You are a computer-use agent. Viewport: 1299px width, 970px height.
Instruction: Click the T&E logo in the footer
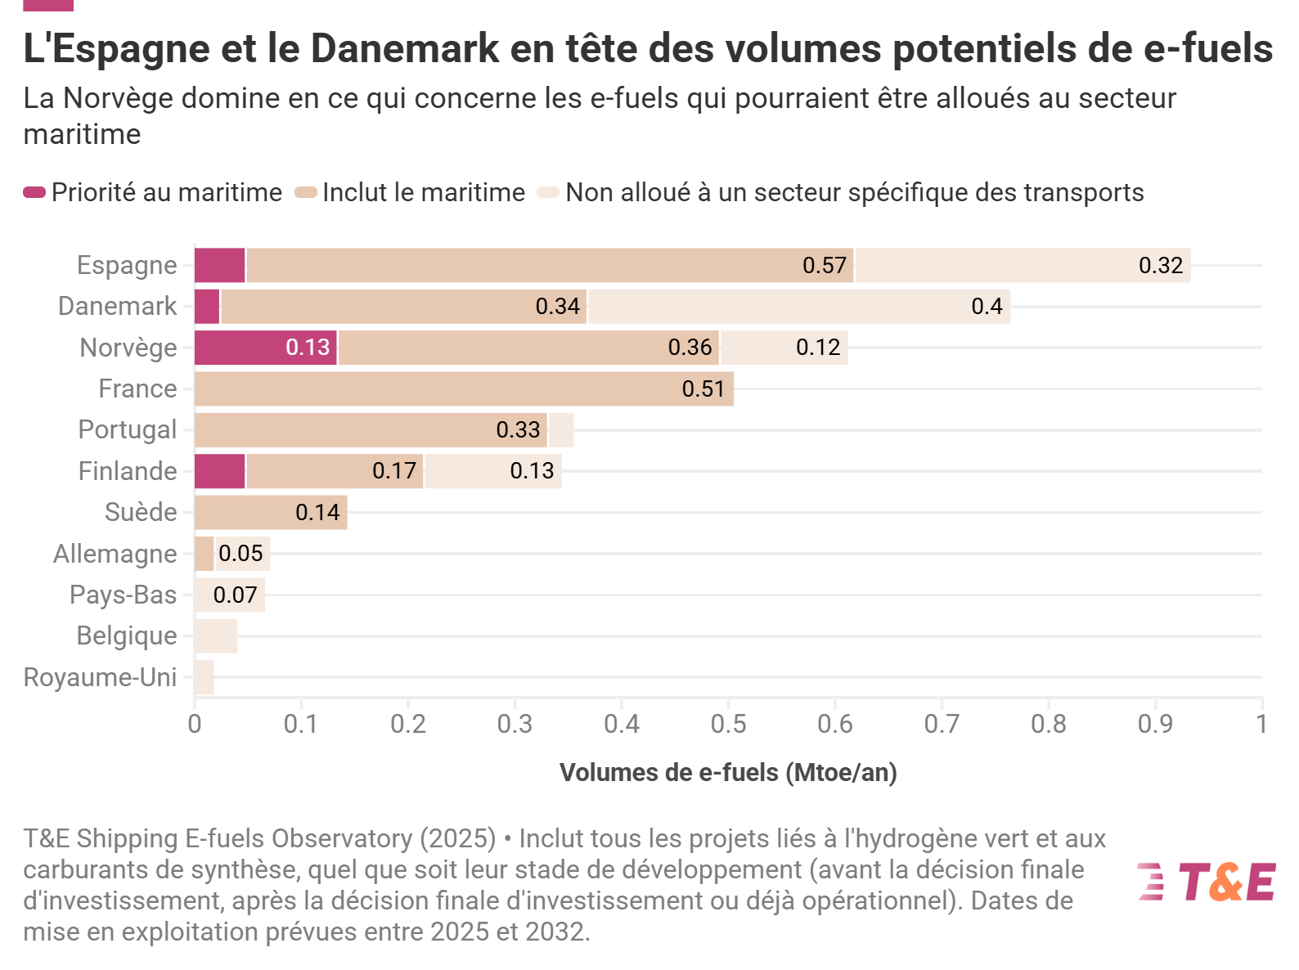click(x=1207, y=882)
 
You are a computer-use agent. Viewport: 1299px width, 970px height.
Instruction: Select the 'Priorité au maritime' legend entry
click(x=153, y=192)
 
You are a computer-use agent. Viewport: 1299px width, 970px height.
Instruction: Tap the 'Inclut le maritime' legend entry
click(x=411, y=192)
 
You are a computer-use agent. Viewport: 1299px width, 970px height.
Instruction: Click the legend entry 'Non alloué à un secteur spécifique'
click(x=841, y=192)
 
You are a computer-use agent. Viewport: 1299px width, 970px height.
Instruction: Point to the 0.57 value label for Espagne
click(x=824, y=265)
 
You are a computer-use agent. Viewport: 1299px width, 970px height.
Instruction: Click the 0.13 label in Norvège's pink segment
click(x=308, y=348)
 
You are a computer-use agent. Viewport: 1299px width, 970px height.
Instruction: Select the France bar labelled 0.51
click(x=464, y=388)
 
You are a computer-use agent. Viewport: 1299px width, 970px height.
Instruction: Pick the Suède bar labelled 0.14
click(x=271, y=512)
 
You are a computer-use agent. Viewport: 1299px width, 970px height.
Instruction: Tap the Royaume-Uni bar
click(x=204, y=677)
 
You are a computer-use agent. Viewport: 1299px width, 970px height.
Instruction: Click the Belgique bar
click(x=216, y=635)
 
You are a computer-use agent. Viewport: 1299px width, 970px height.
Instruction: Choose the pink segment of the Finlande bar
click(x=220, y=471)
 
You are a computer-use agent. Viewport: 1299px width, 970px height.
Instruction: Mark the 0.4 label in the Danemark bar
click(x=987, y=306)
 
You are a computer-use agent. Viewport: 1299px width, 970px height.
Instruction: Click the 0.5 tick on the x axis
click(x=728, y=724)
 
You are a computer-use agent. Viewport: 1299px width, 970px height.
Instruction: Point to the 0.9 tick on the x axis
click(x=1155, y=724)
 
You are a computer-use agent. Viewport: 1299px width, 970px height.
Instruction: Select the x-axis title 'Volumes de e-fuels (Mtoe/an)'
click(x=728, y=772)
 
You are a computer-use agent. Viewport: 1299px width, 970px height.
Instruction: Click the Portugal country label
click(x=127, y=429)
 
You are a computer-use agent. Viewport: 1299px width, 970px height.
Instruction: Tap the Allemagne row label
click(x=115, y=554)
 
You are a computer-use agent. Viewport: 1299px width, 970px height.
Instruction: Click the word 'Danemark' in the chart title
click(x=405, y=48)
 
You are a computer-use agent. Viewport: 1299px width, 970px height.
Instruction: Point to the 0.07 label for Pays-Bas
click(x=235, y=595)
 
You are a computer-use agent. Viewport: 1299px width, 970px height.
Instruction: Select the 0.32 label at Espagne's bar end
click(x=1161, y=265)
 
